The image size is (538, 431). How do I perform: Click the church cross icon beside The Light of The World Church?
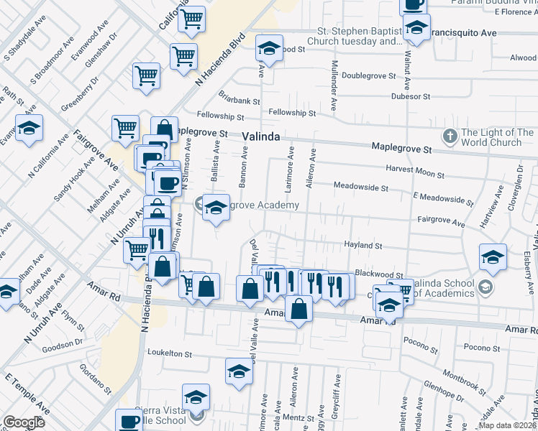(x=450, y=136)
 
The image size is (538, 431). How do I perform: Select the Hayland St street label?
(x=363, y=246)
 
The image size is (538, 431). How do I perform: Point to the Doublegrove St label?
(x=369, y=75)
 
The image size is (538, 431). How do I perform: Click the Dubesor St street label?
(x=410, y=96)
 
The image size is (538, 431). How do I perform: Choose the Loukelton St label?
(x=169, y=353)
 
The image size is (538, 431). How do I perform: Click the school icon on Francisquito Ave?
(x=416, y=29)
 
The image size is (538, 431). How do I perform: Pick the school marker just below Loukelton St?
(x=239, y=374)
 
